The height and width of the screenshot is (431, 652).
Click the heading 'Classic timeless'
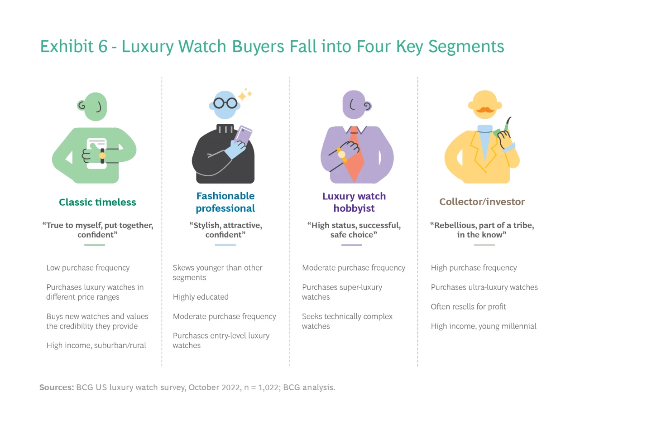point(97,202)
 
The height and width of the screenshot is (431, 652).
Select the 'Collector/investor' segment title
point(482,202)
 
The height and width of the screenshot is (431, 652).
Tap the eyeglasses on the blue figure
point(225,103)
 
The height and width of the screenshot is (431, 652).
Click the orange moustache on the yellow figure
point(485,110)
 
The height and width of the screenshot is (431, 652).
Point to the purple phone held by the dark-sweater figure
point(243,135)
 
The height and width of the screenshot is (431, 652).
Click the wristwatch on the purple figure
point(342,155)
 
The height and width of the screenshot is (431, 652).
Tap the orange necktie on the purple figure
point(355,155)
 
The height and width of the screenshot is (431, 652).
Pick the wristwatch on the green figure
point(102,155)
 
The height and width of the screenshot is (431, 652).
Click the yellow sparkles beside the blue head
point(245,94)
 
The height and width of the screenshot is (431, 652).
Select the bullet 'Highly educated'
point(201,297)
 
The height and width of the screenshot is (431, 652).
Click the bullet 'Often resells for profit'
point(468,306)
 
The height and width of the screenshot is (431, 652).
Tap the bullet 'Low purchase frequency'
point(88,268)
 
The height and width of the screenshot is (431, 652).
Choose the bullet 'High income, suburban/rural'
point(96,345)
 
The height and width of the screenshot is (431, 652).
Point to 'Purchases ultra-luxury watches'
point(484,287)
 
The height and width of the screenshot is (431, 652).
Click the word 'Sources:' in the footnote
point(57,387)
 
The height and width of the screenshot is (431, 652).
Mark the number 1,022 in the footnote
point(268,387)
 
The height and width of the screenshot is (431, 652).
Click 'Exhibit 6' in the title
point(74,46)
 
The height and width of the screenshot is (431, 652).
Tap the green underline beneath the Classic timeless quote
point(95,245)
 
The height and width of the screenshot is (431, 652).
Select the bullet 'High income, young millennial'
point(484,326)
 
